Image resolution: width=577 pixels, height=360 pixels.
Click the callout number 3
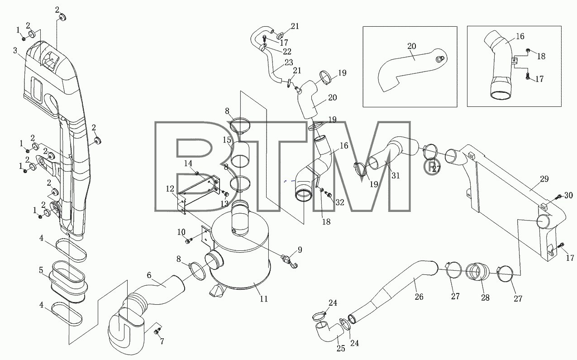coord(15,51)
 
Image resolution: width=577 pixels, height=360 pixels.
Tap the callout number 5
coord(41,270)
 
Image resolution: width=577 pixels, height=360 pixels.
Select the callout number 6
coord(149,275)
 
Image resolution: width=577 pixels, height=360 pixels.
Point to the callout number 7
coord(162,341)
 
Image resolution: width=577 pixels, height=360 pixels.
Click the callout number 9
coord(300,250)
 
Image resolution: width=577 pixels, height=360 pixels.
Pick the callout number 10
coord(181,232)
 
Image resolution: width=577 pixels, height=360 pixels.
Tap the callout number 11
coord(264,299)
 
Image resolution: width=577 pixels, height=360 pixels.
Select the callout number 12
coord(170,189)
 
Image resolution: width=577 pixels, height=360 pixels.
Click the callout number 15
coord(227,140)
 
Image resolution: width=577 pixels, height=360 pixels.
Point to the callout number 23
coord(289,62)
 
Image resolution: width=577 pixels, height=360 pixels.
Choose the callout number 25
coord(341,348)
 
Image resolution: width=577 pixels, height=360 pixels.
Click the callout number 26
coord(419,297)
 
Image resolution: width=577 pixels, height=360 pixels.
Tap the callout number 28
coord(485,298)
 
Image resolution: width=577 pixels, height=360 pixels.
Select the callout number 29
coord(544,179)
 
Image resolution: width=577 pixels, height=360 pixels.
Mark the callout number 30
coord(568,195)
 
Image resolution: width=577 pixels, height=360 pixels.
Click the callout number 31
coord(396,176)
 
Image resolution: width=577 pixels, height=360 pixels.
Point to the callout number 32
coord(340,202)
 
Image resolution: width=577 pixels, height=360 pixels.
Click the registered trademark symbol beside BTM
coord(432,167)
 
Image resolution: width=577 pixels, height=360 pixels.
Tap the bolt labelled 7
coord(157,331)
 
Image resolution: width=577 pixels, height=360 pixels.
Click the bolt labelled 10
coord(188,241)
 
